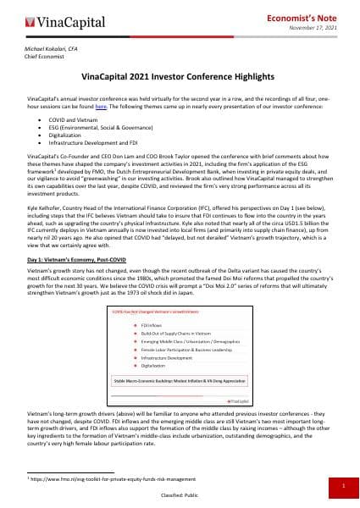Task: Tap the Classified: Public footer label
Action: point(180,497)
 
